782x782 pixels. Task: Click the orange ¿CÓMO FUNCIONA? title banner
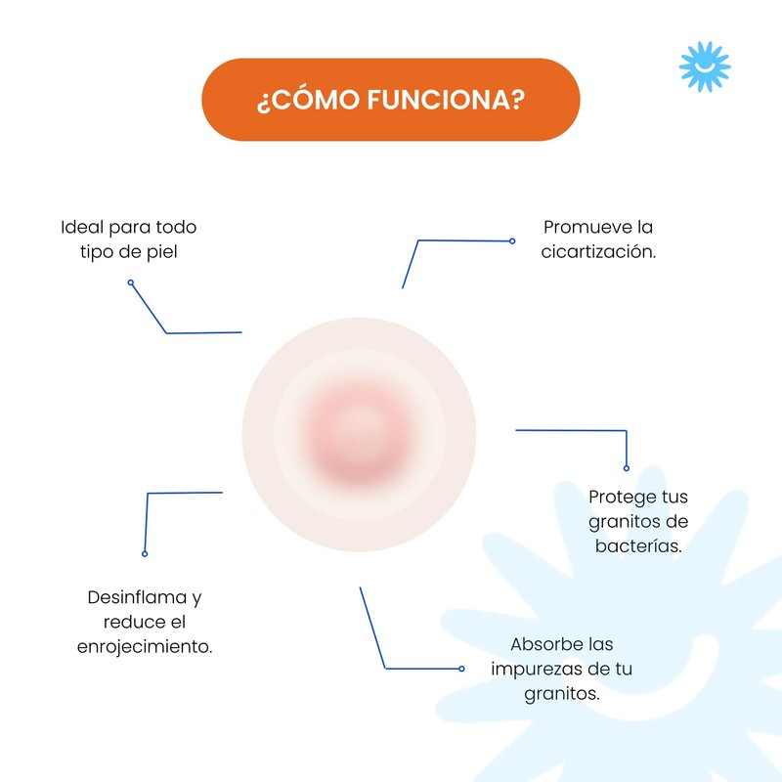click(x=390, y=100)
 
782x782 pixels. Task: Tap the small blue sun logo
click(x=705, y=66)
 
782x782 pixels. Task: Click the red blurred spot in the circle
click(x=359, y=434)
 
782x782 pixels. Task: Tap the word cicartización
click(x=598, y=251)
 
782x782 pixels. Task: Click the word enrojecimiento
click(x=145, y=646)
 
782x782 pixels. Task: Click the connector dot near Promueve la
click(x=512, y=240)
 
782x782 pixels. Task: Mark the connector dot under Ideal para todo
click(x=131, y=283)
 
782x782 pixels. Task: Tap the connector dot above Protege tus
click(x=627, y=468)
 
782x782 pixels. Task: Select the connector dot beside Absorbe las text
click(x=461, y=669)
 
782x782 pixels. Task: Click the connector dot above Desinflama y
click(x=145, y=553)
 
